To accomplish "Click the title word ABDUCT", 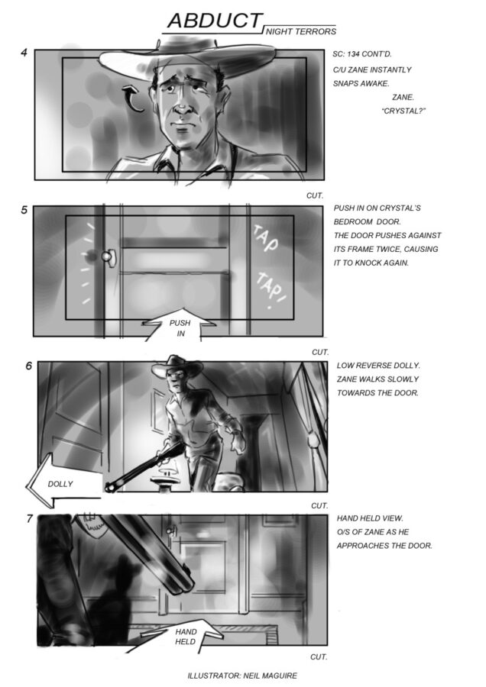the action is point(215,21).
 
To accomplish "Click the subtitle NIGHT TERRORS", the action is point(301,31).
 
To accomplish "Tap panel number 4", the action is point(24,53).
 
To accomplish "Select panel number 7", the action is point(29,519).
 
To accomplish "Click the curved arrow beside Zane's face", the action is point(134,99).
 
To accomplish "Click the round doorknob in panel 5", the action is point(107,256).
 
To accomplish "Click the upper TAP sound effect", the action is point(265,239).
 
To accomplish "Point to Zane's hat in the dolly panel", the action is point(177,367).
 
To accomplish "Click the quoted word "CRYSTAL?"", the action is point(403,111).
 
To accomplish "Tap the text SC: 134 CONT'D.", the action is point(362,54).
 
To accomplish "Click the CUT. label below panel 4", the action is point(315,196).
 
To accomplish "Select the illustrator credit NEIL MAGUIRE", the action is point(270,676).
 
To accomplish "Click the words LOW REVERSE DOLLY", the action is point(378,366).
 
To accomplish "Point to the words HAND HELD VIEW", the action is point(370,518).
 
